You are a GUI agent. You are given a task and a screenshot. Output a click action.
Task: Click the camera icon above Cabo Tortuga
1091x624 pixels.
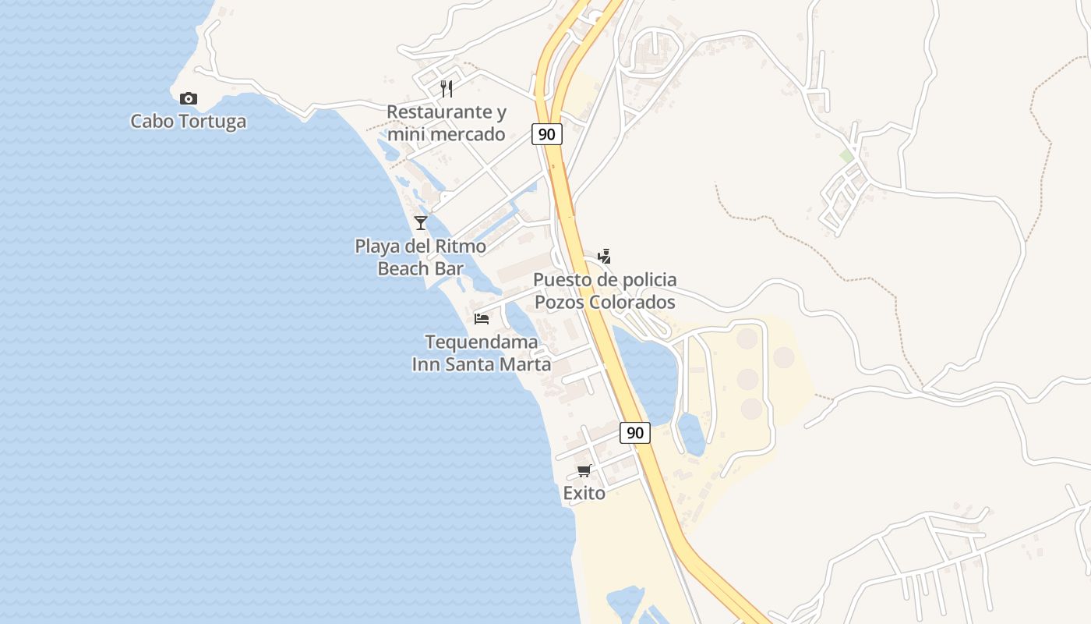tap(188, 98)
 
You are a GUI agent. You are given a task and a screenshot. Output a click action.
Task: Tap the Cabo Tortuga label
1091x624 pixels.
tap(188, 122)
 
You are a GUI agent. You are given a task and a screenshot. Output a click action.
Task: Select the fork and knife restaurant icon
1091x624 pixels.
tap(447, 88)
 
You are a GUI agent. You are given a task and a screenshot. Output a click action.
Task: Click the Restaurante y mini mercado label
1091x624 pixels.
tap(447, 123)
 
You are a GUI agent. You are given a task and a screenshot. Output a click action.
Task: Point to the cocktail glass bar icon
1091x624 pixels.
tap(421, 223)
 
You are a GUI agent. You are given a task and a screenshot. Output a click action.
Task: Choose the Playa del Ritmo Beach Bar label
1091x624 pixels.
tap(421, 257)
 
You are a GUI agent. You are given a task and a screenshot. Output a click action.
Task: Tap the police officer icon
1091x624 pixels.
tap(604, 256)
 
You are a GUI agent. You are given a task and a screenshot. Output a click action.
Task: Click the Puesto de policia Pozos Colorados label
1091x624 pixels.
tap(605, 291)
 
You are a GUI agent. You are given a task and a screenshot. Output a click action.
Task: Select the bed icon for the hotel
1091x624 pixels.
tap(482, 318)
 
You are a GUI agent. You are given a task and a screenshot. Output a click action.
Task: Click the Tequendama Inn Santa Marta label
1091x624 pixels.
tap(482, 353)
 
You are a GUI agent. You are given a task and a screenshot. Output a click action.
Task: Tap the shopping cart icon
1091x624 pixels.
tap(584, 471)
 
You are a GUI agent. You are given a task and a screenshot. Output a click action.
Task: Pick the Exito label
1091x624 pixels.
tap(584, 493)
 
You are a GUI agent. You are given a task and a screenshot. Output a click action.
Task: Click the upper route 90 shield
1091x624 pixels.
tap(547, 134)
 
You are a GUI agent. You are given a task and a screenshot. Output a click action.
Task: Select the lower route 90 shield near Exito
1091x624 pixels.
tap(635, 432)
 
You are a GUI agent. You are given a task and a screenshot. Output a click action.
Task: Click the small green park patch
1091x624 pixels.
tap(846, 156)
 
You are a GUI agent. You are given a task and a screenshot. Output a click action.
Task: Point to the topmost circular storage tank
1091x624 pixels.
tap(747, 339)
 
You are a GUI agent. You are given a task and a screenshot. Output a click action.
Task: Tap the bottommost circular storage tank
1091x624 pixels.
tap(751, 408)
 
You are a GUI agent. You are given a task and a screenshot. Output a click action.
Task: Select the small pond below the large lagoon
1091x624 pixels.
tap(691, 434)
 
